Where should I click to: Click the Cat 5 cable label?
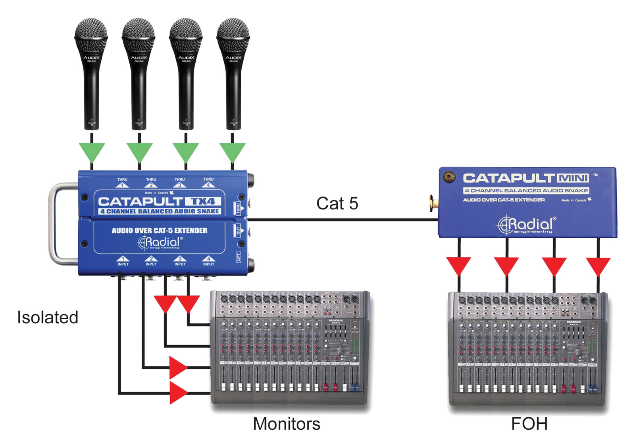pyautogui.click(x=337, y=204)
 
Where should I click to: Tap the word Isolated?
pyautogui.click(x=48, y=317)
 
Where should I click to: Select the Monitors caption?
pyautogui.click(x=287, y=424)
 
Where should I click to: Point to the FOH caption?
pyautogui.click(x=529, y=424)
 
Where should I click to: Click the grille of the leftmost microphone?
pyautogui.click(x=91, y=34)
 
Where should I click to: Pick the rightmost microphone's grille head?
pyautogui.click(x=233, y=34)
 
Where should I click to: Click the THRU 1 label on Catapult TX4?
pyautogui.click(x=122, y=182)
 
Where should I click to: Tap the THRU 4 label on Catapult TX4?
pyautogui.click(x=208, y=182)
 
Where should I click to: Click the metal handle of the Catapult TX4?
pyautogui.click(x=56, y=222)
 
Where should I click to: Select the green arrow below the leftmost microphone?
pyautogui.click(x=92, y=152)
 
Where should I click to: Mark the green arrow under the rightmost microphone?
pyautogui.click(x=233, y=152)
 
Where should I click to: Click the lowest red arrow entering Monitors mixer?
pyautogui.click(x=177, y=393)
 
